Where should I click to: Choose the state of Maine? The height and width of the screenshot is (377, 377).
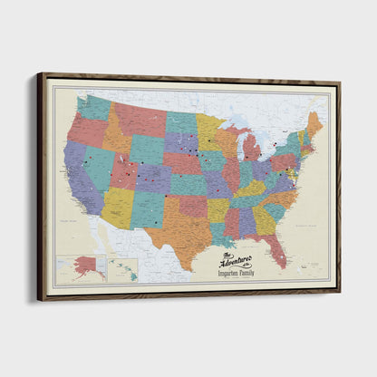(314, 123)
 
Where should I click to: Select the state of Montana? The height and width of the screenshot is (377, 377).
(140, 119)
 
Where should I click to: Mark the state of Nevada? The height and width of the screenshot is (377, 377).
(95, 163)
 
